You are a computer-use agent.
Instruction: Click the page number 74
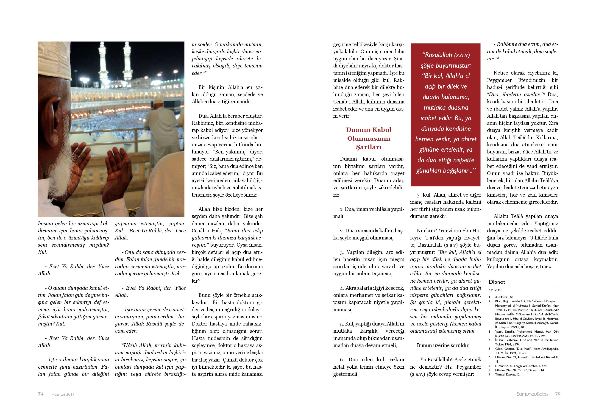click(x=41, y=394)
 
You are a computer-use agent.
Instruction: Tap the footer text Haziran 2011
click(x=63, y=394)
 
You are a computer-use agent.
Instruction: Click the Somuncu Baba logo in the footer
click(x=532, y=394)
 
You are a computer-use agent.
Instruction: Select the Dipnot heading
click(x=497, y=282)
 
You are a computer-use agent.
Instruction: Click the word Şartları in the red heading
click(x=368, y=147)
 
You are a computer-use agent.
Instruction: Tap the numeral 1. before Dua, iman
click(x=342, y=209)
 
